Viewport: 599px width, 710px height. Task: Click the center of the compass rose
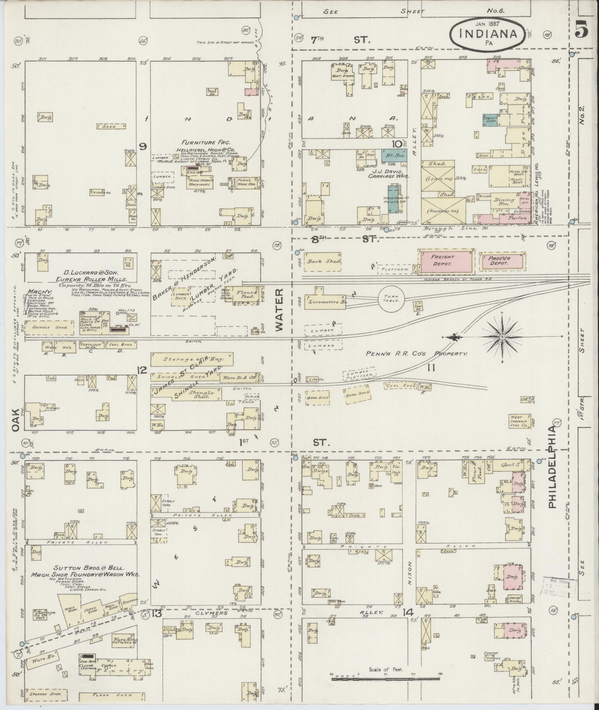point(502,337)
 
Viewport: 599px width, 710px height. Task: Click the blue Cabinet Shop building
point(490,120)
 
